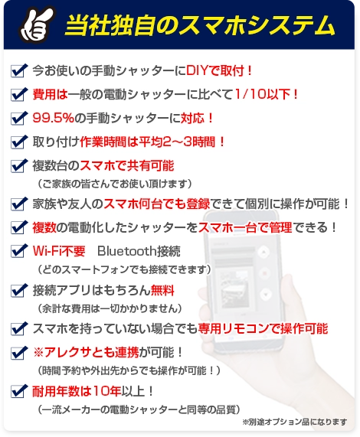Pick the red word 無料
coord(163,290)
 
